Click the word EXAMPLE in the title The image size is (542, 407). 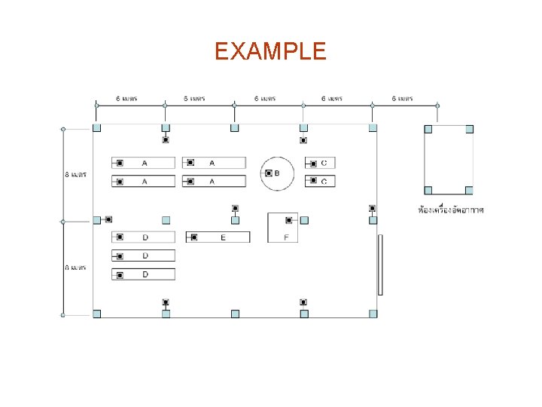[x=270, y=51]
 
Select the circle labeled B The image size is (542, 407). [x=277, y=173]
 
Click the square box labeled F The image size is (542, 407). [x=283, y=228]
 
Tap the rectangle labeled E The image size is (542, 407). [x=218, y=237]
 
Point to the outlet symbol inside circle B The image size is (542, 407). [x=269, y=173]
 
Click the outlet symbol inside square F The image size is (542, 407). [x=288, y=220]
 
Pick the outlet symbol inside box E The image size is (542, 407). [x=193, y=237]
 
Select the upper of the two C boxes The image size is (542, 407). [x=320, y=163]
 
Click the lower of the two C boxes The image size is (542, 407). [x=320, y=181]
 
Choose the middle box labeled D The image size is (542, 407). [x=143, y=256]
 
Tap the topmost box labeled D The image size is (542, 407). [x=143, y=237]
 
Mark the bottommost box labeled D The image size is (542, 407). [x=143, y=274]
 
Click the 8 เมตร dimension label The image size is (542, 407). [x=75, y=174]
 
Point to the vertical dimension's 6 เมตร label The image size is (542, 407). [x=75, y=268]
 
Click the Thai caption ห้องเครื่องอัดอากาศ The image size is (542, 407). [x=451, y=209]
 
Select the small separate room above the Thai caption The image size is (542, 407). [x=449, y=160]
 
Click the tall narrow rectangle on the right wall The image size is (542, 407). [x=380, y=265]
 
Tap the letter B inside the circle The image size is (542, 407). [x=277, y=173]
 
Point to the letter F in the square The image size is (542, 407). [x=286, y=237]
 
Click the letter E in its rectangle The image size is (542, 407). [x=223, y=237]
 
